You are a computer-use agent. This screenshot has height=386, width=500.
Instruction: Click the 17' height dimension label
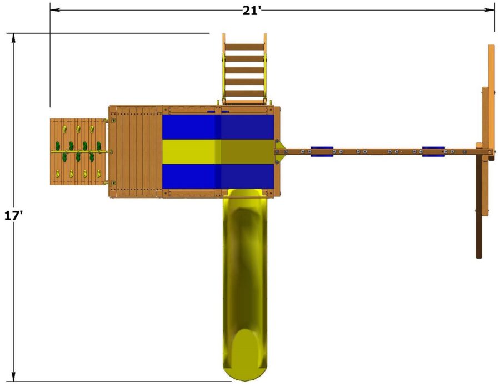pyautogui.click(x=13, y=215)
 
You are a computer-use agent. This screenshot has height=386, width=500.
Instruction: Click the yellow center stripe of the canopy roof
pyautogui.click(x=218, y=151)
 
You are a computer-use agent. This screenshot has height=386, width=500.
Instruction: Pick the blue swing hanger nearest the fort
pyautogui.click(x=322, y=151)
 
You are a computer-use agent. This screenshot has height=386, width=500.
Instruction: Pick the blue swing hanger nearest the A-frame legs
pyautogui.click(x=433, y=151)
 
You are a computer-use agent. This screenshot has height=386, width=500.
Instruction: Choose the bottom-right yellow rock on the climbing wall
pyautogui.click(x=98, y=174)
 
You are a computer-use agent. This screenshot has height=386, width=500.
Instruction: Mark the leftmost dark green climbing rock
pyautogui.click(x=57, y=147)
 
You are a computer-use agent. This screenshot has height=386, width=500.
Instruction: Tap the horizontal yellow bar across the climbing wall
pyautogui.click(x=81, y=151)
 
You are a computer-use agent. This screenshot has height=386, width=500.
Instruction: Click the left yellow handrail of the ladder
pyautogui.click(x=224, y=70)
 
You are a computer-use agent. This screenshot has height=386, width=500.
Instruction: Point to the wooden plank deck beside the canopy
pyautogui.click(x=135, y=151)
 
